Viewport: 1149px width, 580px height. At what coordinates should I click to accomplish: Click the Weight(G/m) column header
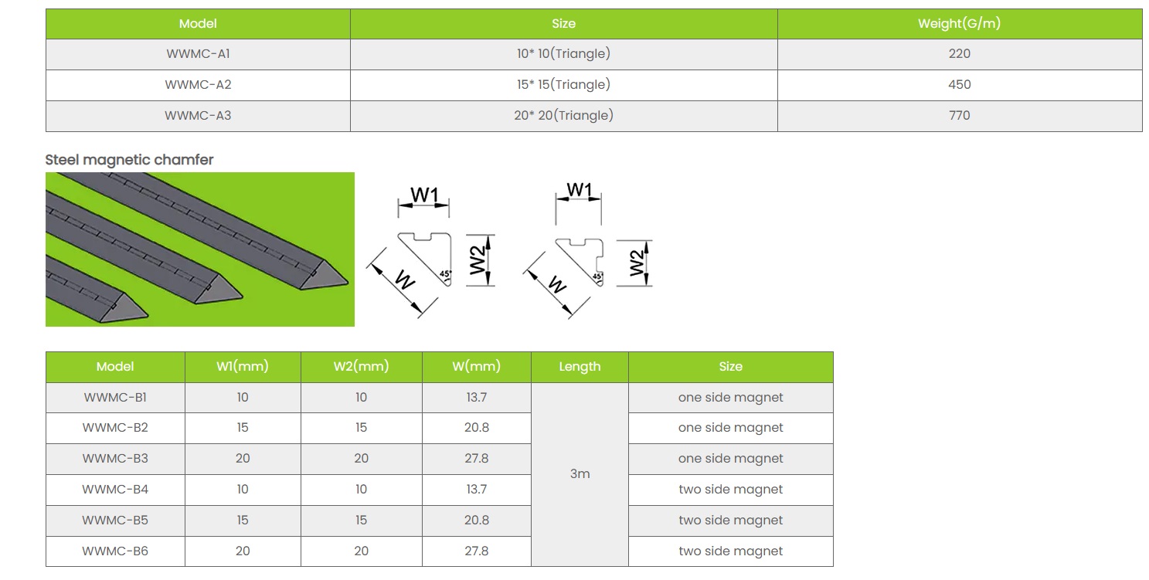(x=959, y=24)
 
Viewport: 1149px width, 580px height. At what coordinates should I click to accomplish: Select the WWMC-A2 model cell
(x=198, y=85)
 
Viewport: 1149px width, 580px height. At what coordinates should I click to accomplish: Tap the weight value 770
(x=959, y=116)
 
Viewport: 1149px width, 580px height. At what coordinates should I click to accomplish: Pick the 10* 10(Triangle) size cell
(x=563, y=54)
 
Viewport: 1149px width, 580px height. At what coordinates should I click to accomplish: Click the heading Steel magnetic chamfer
(x=129, y=160)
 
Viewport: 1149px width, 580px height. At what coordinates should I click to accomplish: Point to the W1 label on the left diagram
(x=424, y=195)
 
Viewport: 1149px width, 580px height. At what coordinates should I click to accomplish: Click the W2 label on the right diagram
(x=637, y=263)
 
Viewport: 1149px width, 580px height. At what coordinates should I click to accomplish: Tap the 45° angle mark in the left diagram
(x=444, y=273)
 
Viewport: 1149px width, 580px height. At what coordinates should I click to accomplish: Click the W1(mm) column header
(x=243, y=367)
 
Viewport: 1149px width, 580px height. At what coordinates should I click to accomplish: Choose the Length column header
(x=580, y=367)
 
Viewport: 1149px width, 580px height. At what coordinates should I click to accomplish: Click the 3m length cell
(x=580, y=474)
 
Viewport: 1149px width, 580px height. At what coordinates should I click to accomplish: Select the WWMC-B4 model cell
(x=115, y=490)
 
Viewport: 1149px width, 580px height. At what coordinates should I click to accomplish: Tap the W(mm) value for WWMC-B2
(x=476, y=428)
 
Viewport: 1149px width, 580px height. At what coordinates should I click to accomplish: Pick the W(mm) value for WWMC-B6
(x=476, y=551)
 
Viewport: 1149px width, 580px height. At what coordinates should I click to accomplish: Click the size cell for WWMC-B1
(x=730, y=398)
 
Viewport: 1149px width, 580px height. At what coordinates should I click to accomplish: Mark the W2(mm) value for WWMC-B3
(x=361, y=459)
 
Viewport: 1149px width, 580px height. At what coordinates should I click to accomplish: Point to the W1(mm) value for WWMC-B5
(x=243, y=521)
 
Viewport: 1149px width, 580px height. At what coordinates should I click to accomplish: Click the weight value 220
(x=959, y=54)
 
